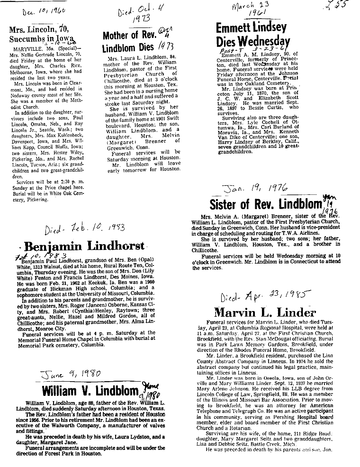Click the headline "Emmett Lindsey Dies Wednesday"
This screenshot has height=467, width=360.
point(252,34)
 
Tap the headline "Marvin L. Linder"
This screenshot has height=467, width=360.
point(265,313)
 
